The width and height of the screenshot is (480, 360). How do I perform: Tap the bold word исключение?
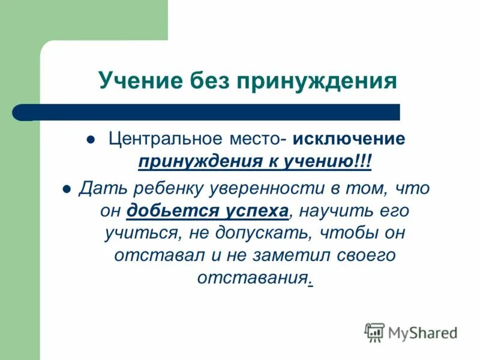coord(349,139)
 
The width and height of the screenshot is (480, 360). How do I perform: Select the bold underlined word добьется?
coord(166,211)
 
